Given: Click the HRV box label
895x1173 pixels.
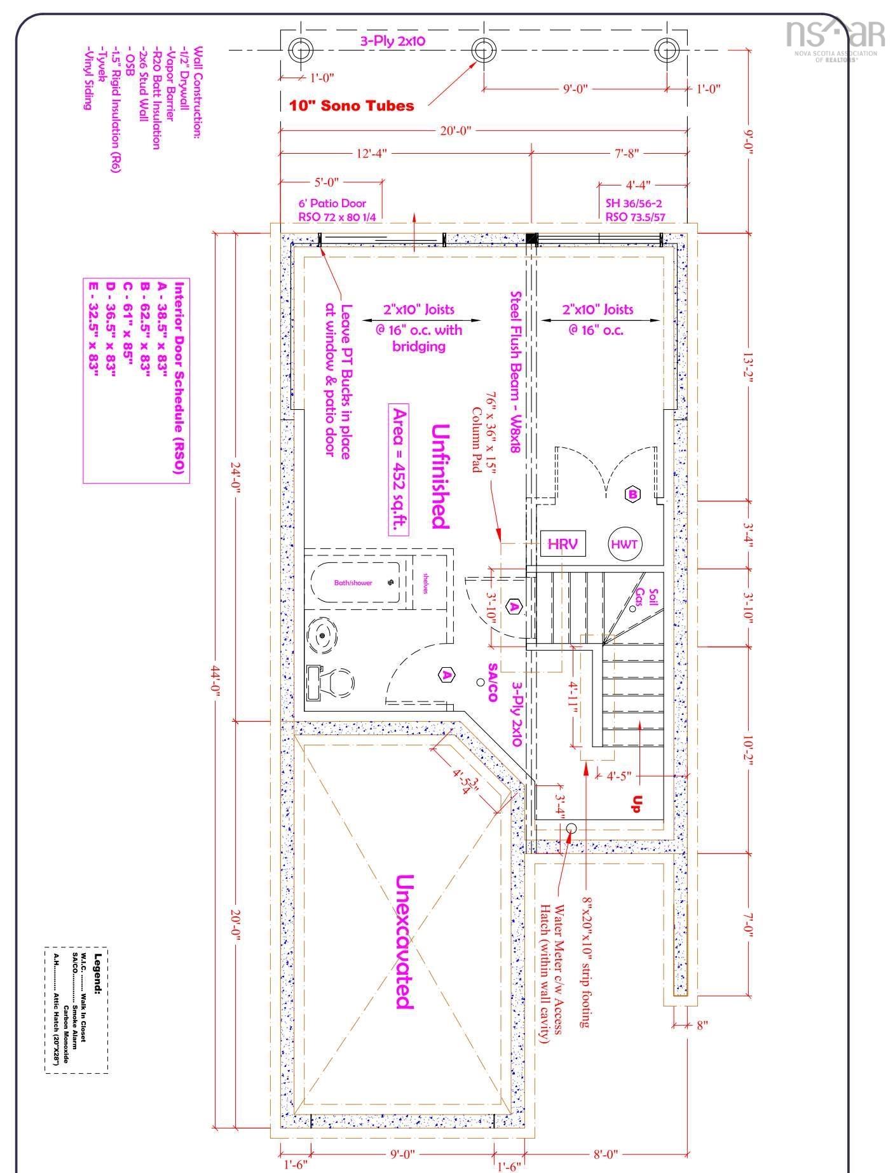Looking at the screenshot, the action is (x=563, y=544).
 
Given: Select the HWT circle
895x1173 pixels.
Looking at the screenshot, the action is (x=625, y=544).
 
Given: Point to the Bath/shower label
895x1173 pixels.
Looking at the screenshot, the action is (x=353, y=582).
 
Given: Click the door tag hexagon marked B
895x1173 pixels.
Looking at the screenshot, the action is (x=633, y=494).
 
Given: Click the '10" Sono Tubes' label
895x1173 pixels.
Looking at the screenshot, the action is (x=352, y=105).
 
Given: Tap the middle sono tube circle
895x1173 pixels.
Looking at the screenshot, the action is (x=483, y=49).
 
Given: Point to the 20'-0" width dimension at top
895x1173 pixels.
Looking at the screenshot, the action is (x=456, y=131).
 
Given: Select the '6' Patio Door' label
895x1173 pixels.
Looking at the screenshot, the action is (x=332, y=203).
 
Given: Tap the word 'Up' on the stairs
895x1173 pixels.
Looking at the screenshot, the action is (x=636, y=804).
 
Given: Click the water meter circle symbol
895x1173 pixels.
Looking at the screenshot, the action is (x=571, y=827).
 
